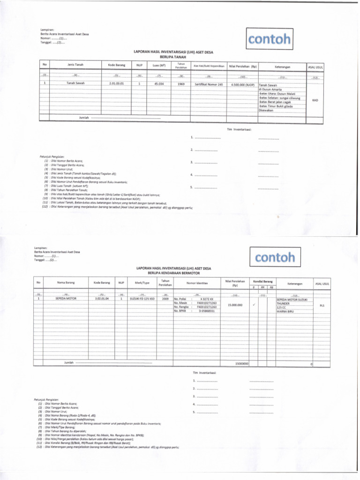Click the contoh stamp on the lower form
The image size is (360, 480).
click(275, 257)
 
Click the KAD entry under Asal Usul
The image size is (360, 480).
click(315, 99)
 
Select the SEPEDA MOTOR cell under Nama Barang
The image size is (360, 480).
click(66, 298)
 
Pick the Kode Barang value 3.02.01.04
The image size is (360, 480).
click(102, 298)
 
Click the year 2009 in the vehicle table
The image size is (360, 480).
click(165, 298)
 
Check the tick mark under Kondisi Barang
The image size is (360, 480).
click(253, 305)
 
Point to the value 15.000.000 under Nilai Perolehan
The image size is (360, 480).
click(235, 305)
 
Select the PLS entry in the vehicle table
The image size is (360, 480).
click(322, 305)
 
